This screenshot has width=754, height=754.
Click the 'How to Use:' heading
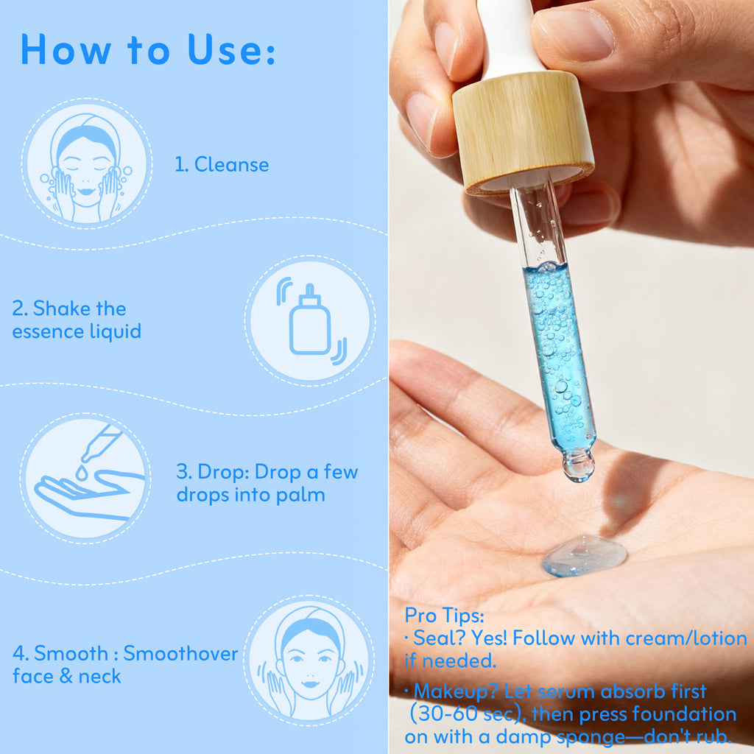pos(147,49)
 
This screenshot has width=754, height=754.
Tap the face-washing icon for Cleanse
pos(86,163)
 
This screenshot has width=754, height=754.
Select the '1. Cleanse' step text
pos(222,164)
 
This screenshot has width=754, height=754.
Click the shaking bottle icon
pos(310,320)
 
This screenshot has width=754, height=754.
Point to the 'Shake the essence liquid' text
pos(77,320)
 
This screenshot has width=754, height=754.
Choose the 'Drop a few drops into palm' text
pos(267,483)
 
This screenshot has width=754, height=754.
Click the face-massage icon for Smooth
pos(309,660)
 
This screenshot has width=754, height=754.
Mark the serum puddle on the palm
pos(584,555)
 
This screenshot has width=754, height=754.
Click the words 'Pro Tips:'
pos(443,616)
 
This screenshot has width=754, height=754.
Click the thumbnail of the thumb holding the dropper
pos(574,33)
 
